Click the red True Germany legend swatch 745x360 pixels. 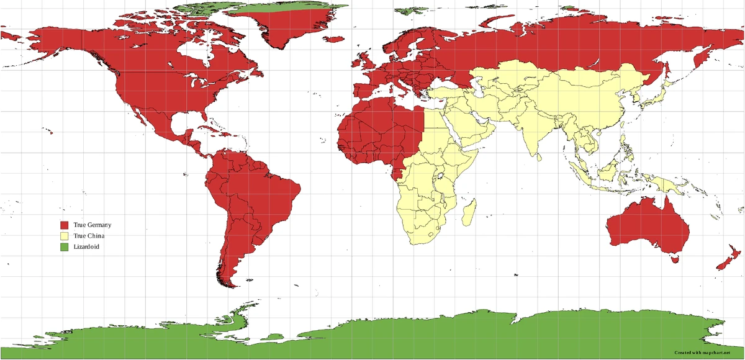64,225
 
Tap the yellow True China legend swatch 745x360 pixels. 64,236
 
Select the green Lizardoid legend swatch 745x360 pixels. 64,247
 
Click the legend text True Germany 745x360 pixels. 92,225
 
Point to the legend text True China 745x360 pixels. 89,236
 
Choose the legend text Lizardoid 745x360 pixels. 86,247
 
